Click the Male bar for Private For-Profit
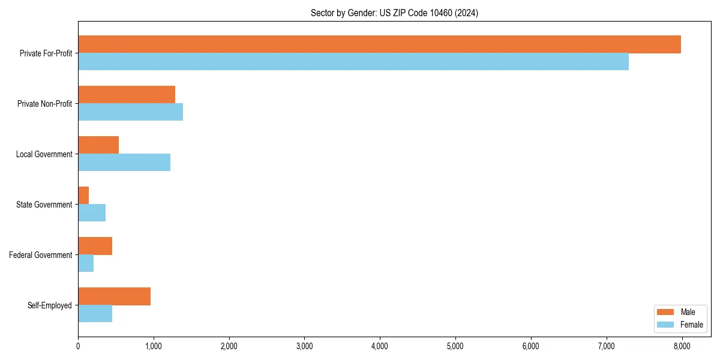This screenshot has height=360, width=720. (x=379, y=44)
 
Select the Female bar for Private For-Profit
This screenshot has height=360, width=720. (x=353, y=61)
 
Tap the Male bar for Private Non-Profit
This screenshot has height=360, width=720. (x=127, y=95)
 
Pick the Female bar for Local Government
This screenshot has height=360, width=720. (x=124, y=162)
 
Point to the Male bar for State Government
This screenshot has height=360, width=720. (x=83, y=196)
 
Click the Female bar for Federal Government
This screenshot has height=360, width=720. (x=86, y=263)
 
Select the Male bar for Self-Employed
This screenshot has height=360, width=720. (x=114, y=296)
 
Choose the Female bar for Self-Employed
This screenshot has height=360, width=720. (x=95, y=313)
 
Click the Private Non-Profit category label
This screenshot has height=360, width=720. (x=44, y=104)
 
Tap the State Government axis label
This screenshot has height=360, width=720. (x=44, y=205)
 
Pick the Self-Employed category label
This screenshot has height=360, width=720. (x=50, y=305)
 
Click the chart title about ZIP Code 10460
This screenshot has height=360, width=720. (x=394, y=13)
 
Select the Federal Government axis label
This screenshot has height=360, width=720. (x=41, y=255)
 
